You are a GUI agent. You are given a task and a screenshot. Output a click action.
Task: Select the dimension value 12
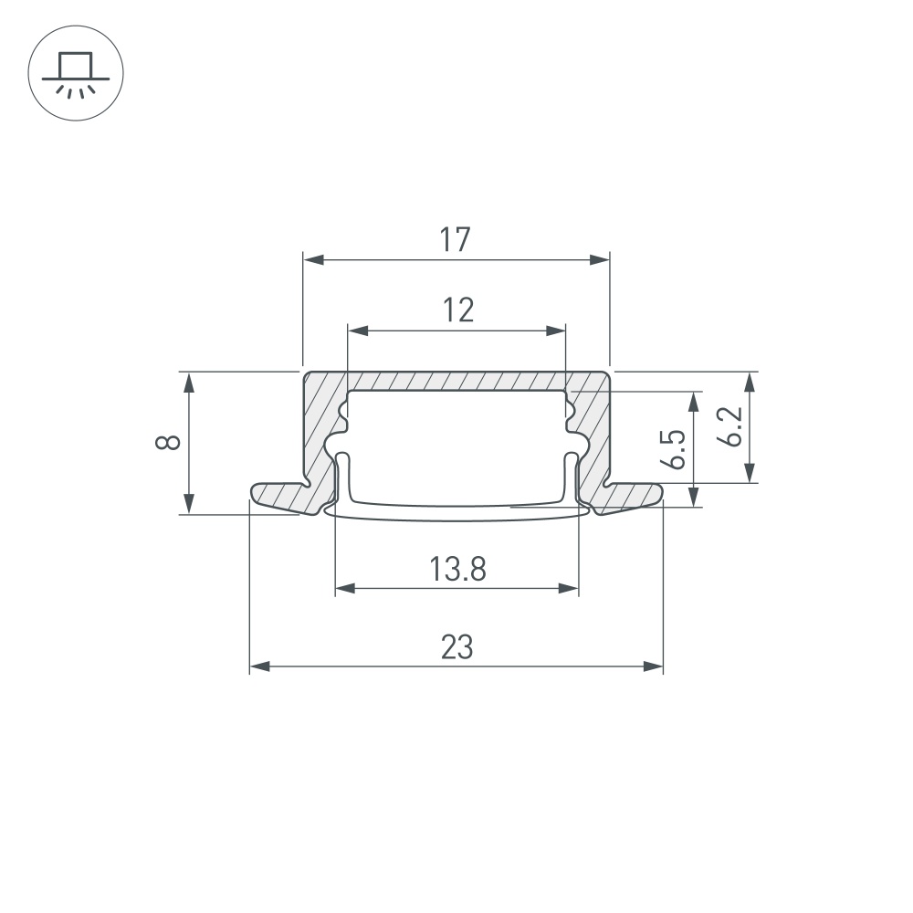point(458,310)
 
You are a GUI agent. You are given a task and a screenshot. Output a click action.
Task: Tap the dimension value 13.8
point(457,569)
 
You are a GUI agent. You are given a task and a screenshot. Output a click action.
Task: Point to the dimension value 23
point(457,647)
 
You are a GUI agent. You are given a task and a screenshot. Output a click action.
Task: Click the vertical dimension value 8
point(168,442)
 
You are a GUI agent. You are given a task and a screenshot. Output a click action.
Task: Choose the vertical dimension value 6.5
point(674,449)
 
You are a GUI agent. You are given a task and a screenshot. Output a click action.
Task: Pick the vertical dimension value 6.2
point(729,426)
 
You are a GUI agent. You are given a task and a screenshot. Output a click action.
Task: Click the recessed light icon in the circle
point(76,75)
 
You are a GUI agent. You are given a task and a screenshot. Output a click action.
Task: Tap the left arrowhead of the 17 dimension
point(313,259)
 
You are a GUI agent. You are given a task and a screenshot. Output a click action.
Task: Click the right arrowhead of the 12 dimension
point(555,331)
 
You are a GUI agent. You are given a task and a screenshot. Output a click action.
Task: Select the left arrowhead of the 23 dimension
point(259,666)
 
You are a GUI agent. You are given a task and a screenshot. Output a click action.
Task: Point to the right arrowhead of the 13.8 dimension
point(568,588)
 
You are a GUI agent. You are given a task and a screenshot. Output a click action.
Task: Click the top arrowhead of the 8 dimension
point(189,382)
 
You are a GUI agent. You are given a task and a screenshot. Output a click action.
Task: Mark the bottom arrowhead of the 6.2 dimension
point(750,472)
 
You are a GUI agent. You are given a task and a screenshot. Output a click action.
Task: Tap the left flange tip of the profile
point(252,493)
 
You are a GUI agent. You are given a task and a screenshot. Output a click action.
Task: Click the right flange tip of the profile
point(661,493)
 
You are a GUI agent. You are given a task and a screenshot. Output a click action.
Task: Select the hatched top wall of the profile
point(456,381)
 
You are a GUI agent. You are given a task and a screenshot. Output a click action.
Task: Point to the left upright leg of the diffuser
point(343,477)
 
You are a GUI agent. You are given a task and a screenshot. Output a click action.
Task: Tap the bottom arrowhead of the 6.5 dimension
point(694,497)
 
